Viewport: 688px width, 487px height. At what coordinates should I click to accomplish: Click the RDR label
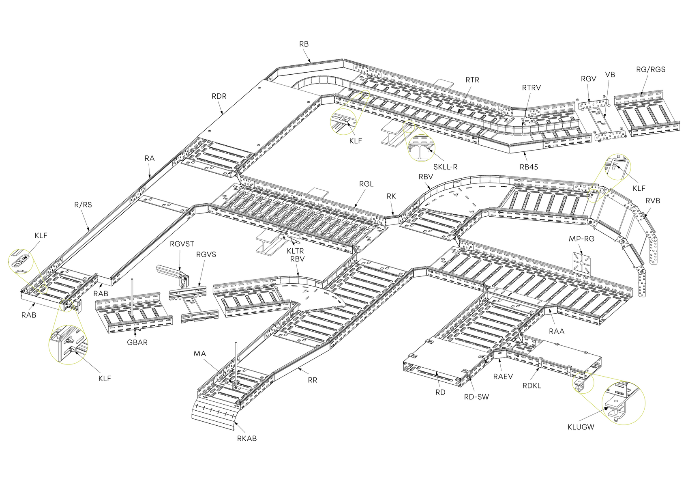coord(219,96)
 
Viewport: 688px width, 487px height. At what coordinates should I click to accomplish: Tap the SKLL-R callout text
coord(445,167)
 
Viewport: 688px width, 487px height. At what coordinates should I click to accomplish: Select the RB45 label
coord(529,167)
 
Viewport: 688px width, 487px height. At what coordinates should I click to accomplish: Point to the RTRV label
coord(532,88)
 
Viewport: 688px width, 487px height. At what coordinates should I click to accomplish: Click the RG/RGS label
coord(651,69)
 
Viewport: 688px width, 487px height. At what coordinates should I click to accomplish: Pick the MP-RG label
coord(581,239)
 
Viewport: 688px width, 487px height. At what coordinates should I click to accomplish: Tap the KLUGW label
coord(581,427)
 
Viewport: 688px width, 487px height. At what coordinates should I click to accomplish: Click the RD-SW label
coord(476,397)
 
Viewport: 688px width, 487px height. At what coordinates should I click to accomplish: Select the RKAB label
coord(247,439)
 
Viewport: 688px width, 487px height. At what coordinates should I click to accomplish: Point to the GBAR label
coord(137,342)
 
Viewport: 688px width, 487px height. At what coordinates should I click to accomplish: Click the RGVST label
coord(182,244)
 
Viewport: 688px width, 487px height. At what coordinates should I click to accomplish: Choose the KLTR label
coord(295,251)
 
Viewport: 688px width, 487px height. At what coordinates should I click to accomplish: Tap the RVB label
coord(653,201)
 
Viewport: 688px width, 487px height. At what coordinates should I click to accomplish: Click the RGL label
coord(366,184)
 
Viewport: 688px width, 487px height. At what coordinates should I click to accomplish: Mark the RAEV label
coord(503,376)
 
